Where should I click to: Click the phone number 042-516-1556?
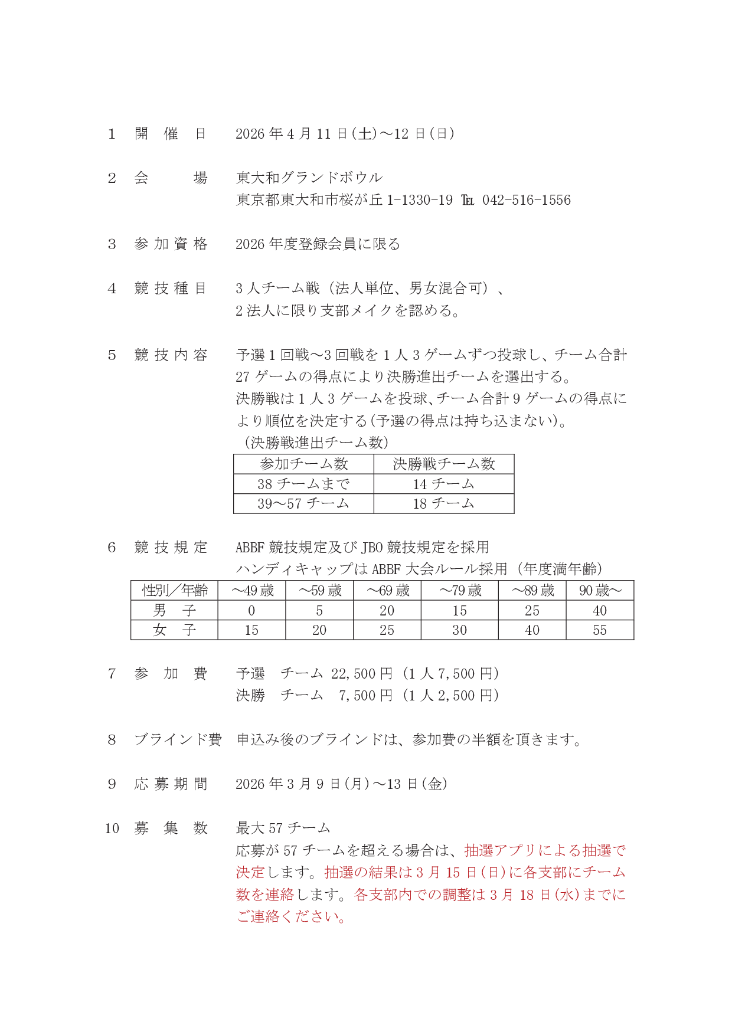click(527, 200)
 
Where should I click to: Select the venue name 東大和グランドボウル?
click(309, 178)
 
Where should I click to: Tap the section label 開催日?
click(171, 134)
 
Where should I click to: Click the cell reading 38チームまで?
click(303, 484)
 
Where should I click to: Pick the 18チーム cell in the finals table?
click(443, 503)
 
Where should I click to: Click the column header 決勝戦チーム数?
click(443, 464)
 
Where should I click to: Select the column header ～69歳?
click(387, 591)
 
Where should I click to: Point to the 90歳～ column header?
click(600, 591)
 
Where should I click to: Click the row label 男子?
click(174, 610)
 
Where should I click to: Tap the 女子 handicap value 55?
click(600, 630)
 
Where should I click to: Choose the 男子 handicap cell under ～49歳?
click(251, 610)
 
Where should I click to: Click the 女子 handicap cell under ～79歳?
click(459, 630)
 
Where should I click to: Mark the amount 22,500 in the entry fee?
click(352, 673)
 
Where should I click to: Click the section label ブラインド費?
click(178, 739)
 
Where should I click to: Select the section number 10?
click(112, 828)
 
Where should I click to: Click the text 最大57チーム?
click(283, 828)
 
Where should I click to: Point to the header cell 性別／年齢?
click(174, 591)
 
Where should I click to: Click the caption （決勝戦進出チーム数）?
click(316, 443)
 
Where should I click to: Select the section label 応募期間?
click(171, 784)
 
